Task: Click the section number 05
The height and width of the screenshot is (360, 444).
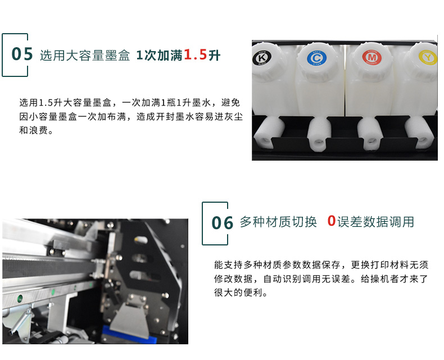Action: pos(22,54)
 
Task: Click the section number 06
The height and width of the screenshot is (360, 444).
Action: pos(223,223)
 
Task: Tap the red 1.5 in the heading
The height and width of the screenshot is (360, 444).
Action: pos(196,54)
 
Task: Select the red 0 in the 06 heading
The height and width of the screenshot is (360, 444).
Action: pos(332,221)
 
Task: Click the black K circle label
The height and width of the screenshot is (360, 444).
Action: pos(262,58)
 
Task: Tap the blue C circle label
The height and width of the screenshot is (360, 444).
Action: pos(316,58)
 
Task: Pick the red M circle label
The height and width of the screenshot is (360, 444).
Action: pos(372,57)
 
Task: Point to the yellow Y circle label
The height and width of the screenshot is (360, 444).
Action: pos(428,57)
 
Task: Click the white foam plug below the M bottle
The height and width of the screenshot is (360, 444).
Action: pos(371,134)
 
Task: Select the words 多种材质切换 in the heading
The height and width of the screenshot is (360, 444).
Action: pos(278,222)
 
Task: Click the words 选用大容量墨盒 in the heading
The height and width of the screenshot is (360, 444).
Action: pos(85,55)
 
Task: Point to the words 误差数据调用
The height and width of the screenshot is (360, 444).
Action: pos(375,222)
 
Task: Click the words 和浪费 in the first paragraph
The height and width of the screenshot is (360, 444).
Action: pos(33,130)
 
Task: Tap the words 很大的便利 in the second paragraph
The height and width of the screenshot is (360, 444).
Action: pos(238,293)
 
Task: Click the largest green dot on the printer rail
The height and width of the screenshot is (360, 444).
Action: pos(20,298)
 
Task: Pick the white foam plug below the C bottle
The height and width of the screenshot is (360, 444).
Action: pos(319,134)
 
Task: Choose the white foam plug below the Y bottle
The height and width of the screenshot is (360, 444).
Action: pos(419,133)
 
